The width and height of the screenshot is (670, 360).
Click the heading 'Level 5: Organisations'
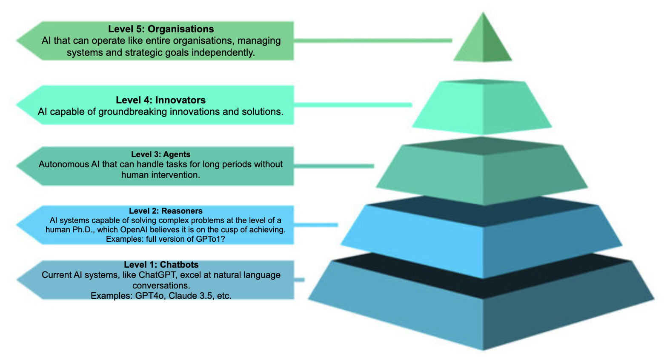point(161,29)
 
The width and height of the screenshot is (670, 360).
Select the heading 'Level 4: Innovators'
point(160,100)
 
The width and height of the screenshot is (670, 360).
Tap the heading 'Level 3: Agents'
point(160,154)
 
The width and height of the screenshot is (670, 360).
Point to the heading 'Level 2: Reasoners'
point(166,211)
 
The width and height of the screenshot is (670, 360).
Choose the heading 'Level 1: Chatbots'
point(161,265)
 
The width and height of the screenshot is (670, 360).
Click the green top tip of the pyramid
point(483,43)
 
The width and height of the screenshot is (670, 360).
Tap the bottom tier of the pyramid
point(483,315)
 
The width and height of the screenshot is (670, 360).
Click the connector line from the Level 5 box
point(372,40)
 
